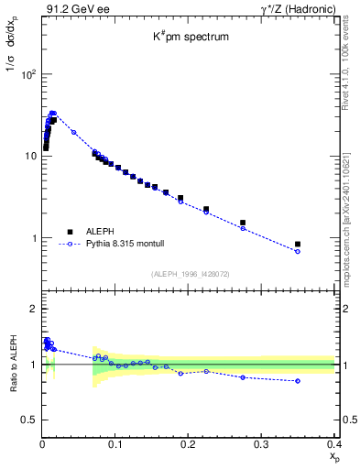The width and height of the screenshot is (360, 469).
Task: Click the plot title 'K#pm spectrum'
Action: [189, 38]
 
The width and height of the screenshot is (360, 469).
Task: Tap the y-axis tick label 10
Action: [30, 156]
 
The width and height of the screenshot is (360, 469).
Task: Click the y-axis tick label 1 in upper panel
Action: [33, 238]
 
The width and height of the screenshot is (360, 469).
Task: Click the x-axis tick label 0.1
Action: [115, 444]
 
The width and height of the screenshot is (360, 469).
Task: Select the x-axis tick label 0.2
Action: [189, 444]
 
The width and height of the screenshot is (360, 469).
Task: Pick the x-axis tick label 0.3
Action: [261, 444]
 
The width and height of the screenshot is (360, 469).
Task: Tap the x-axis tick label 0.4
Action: [333, 444]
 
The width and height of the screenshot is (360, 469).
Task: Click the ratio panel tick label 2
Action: [33, 309]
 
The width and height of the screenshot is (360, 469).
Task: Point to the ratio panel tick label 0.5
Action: [29, 420]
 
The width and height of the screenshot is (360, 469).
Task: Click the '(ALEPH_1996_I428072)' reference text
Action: [189, 273]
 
